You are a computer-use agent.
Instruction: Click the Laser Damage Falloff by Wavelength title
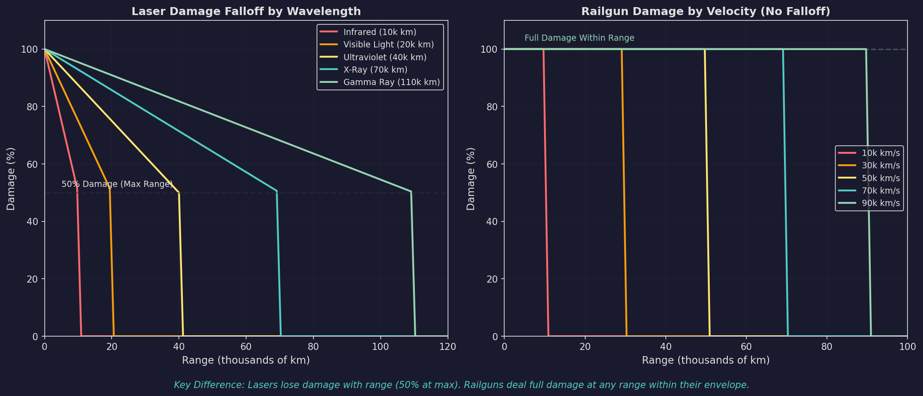pyautogui.click(x=246, y=12)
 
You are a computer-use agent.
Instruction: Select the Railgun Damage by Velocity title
pyautogui.click(x=706, y=12)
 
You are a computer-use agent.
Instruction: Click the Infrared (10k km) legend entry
pyautogui.click(x=379, y=32)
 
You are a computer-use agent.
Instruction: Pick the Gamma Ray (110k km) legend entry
pyautogui.click(x=391, y=82)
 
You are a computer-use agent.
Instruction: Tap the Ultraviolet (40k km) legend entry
pyautogui.click(x=385, y=58)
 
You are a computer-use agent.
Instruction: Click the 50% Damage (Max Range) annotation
pyautogui.click(x=117, y=184)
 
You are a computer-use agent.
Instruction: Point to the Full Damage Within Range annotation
pyautogui.click(x=579, y=38)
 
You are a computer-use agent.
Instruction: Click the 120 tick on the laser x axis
pyautogui.click(x=448, y=346)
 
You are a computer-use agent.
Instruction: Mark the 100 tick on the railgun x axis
pyautogui.click(x=907, y=346)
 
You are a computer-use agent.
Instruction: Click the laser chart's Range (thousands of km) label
pyautogui.click(x=246, y=361)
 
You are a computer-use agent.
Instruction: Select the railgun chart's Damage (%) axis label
pyautogui.click(x=471, y=179)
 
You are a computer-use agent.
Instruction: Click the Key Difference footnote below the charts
pyautogui.click(x=461, y=385)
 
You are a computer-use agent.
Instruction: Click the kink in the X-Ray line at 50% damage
pyautogui.click(x=277, y=191)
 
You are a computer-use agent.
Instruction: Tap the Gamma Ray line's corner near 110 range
pyautogui.click(x=411, y=192)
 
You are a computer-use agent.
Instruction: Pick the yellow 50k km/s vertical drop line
pyautogui.click(x=707, y=190)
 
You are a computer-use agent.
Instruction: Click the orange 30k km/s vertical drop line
pyautogui.click(x=624, y=190)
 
